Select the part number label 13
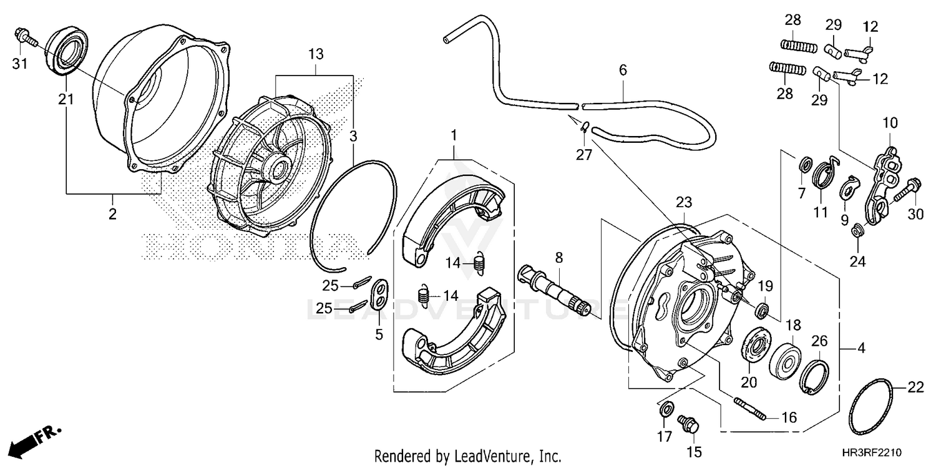coord(316,54)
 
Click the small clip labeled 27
coord(584,128)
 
